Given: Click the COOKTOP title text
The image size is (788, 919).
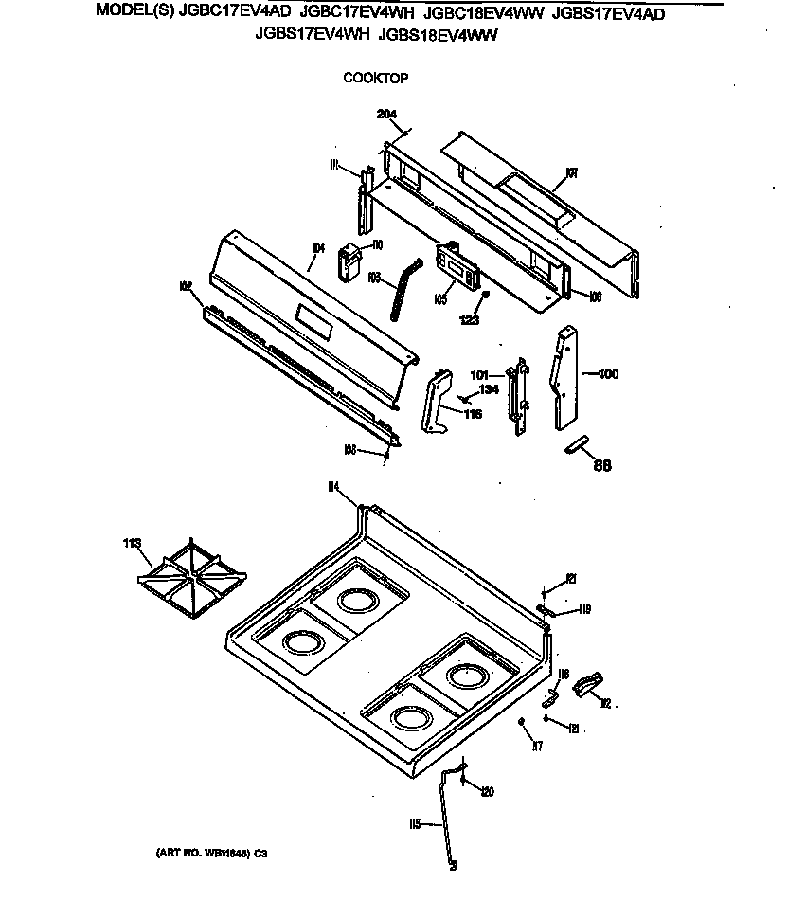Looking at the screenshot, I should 375,79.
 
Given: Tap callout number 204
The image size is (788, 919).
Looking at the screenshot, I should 386,115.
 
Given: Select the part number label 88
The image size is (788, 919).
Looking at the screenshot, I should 602,464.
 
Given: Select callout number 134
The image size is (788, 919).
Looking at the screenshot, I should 489,389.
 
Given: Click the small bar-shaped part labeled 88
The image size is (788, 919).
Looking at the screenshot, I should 577,445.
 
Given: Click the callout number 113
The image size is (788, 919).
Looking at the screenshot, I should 132,544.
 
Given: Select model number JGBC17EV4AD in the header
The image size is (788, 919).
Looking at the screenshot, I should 235,12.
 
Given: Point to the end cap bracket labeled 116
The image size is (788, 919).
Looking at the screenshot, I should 435,402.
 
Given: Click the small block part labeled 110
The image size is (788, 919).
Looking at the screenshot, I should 350,261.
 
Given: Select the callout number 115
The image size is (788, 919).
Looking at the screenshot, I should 414,824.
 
